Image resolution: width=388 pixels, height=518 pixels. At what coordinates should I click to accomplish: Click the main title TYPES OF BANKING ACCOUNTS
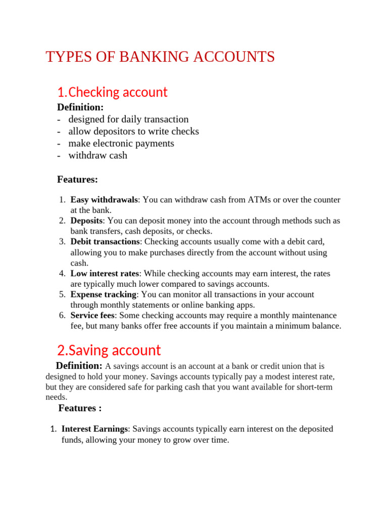[160, 57]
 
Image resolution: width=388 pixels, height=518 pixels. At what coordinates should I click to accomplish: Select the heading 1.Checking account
[112, 93]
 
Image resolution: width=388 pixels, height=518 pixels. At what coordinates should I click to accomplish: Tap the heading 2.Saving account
[109, 350]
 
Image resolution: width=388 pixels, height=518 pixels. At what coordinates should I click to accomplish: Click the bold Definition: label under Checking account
[80, 107]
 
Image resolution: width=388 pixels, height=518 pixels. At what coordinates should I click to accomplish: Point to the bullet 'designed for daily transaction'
[128, 119]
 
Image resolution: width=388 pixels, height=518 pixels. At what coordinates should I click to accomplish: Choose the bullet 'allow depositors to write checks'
[133, 132]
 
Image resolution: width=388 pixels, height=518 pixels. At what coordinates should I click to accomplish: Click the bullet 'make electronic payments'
[121, 144]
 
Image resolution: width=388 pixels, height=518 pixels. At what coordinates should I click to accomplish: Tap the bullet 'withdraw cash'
[98, 156]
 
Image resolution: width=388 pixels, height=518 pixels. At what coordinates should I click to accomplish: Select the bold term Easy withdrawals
[104, 200]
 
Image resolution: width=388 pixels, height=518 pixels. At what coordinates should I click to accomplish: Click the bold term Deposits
[86, 221]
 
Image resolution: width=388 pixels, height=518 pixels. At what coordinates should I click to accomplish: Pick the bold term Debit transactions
[105, 242]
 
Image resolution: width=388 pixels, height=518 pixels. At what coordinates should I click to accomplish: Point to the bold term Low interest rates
[104, 274]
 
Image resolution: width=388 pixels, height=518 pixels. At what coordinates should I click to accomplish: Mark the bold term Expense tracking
[103, 294]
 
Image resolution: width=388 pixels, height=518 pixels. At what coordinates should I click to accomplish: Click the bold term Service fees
[92, 315]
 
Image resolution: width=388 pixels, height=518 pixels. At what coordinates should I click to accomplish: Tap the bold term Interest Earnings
[94, 429]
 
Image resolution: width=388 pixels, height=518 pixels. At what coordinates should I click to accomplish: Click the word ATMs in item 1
[259, 200]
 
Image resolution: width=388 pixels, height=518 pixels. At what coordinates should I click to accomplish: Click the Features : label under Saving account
[80, 408]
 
